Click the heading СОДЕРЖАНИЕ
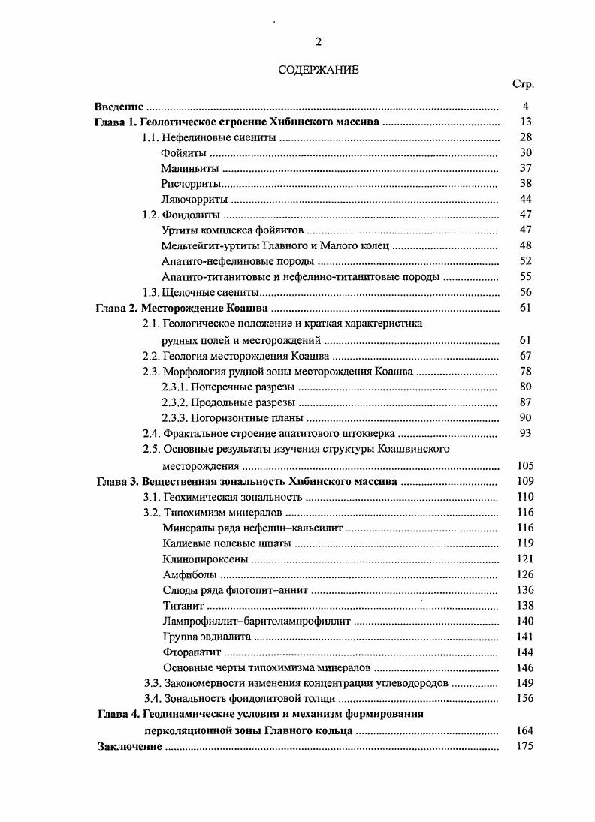click(x=319, y=70)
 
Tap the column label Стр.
click(x=523, y=84)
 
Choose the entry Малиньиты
click(x=189, y=168)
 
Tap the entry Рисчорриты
click(x=191, y=184)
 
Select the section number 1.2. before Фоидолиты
click(x=152, y=215)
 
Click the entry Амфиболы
click(x=185, y=574)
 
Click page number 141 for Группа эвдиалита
click(x=524, y=637)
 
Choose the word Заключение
click(x=130, y=746)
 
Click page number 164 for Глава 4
click(x=524, y=730)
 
